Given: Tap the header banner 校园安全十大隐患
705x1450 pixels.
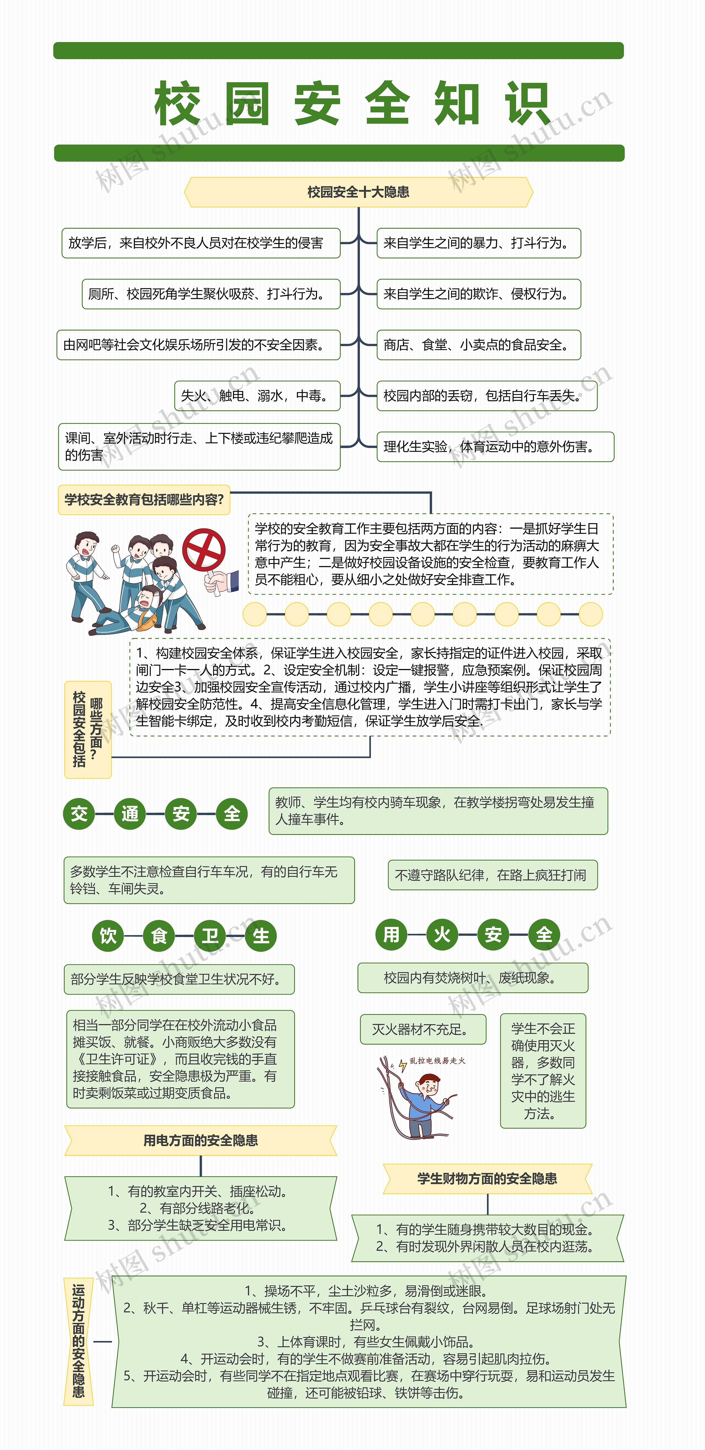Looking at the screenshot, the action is [x=358, y=192].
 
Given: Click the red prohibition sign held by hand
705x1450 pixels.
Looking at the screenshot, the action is [x=204, y=549].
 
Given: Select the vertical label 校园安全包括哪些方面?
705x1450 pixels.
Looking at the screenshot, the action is [x=88, y=730].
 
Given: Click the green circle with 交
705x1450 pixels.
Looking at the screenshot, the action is [x=79, y=813].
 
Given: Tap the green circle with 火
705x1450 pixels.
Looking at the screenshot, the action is [x=442, y=934].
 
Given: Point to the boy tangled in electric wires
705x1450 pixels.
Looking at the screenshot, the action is [x=422, y=1098].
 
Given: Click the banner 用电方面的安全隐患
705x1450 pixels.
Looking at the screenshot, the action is [x=200, y=1140].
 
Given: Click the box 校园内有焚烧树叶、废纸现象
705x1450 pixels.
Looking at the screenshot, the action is [x=473, y=978].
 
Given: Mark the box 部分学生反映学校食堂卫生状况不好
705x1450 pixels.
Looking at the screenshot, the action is [x=179, y=979].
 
